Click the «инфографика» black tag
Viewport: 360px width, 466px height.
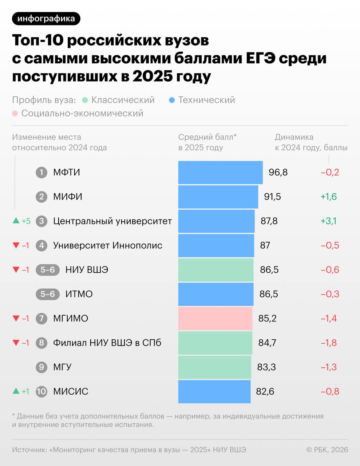46,19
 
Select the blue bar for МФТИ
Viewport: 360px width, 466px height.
220,172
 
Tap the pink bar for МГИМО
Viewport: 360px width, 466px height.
215,319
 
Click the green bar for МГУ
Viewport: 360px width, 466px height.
214,367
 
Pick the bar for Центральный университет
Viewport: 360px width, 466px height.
216,221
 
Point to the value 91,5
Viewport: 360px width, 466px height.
272,197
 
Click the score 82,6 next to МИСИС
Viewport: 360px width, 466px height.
265,392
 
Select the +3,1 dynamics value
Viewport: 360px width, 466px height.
328,221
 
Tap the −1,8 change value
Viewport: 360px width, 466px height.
328,343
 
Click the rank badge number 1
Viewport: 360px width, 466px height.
41,172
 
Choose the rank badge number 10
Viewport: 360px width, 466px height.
41,392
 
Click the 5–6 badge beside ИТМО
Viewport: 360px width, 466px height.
48,294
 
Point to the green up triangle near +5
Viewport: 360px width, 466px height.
16,221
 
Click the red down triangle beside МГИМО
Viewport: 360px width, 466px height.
16,319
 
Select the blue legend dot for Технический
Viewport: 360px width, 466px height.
172,100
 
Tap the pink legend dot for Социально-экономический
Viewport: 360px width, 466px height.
15,114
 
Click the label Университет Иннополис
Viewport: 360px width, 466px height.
108,245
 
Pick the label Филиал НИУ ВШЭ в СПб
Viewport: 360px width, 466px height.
107,343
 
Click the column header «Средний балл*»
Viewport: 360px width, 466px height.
207,137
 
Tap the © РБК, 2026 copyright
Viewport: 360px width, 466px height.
327,450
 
